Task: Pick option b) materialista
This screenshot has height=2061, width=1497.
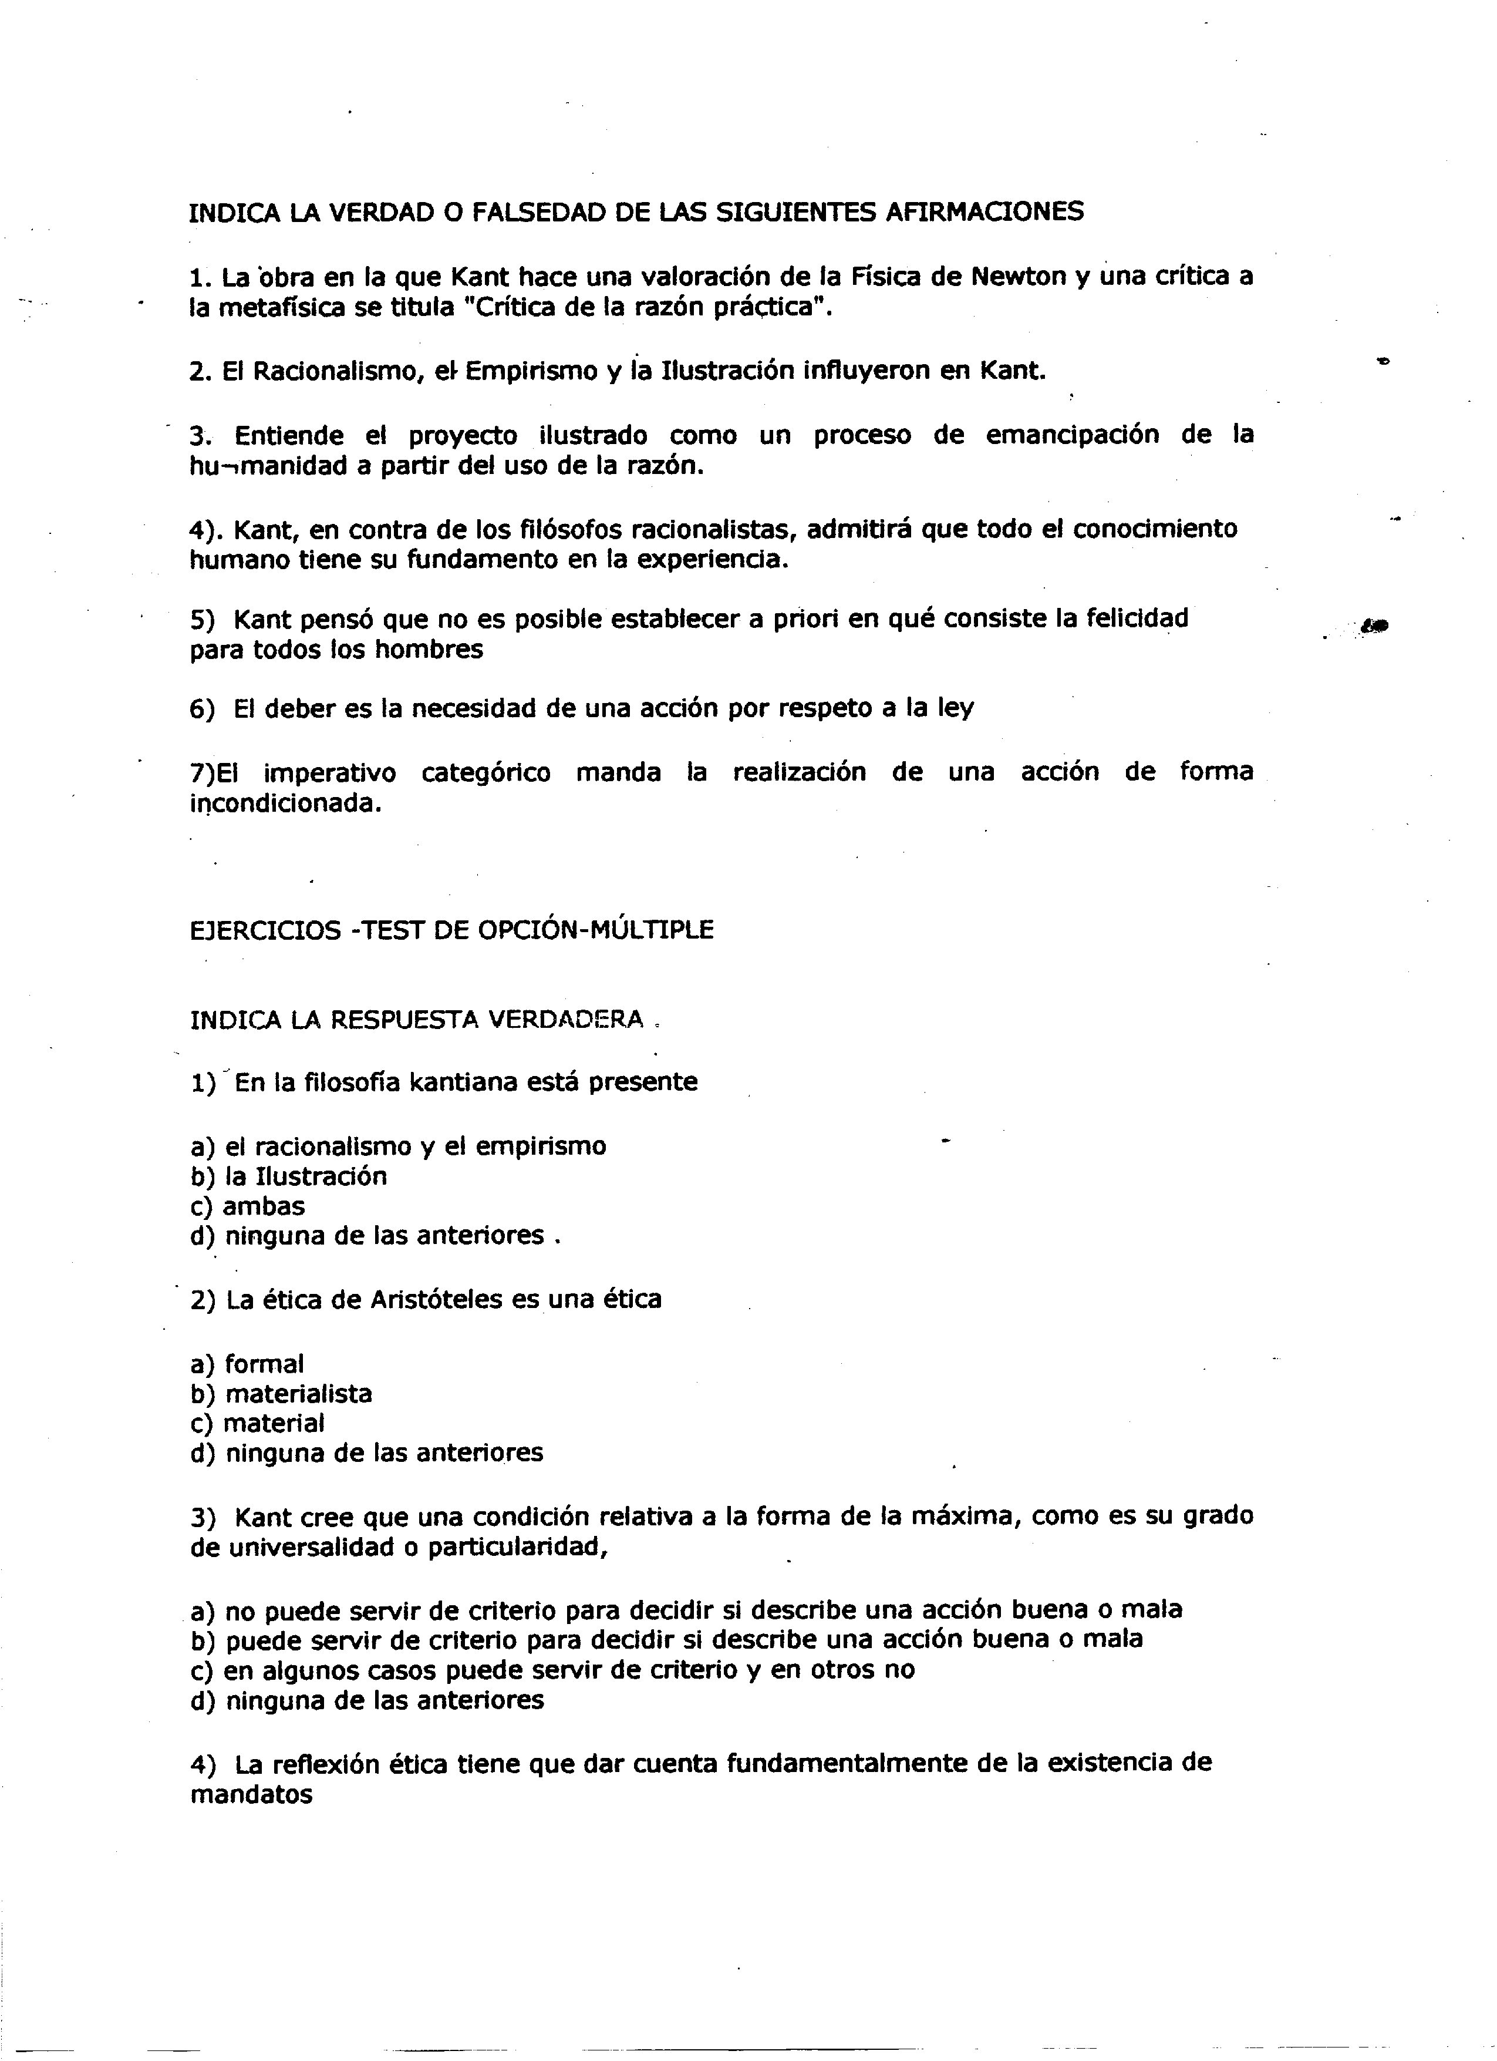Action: pyautogui.click(x=282, y=1394)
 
